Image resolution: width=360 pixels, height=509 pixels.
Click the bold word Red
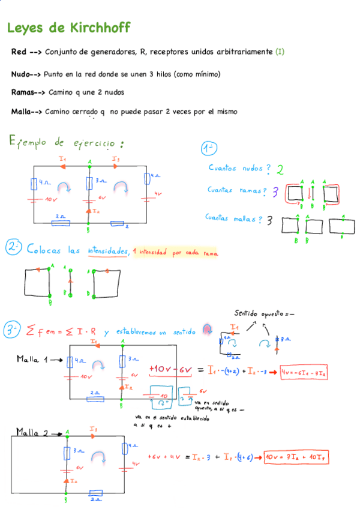point(18,52)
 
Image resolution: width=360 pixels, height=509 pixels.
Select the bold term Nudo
point(22,74)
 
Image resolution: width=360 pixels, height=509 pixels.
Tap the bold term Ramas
point(25,92)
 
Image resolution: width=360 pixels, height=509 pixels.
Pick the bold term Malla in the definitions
point(23,111)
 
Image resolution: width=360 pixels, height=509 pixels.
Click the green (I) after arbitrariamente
point(280,52)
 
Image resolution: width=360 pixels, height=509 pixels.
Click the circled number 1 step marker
point(209,148)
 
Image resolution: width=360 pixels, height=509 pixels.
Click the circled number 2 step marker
point(13,248)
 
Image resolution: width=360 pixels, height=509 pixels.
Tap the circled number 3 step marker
point(13,330)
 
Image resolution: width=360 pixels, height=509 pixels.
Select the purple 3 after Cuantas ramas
point(275,192)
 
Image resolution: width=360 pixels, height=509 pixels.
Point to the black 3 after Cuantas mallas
point(270,220)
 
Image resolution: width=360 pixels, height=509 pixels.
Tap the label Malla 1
point(31,359)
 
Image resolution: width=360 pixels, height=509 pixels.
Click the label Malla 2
point(32,432)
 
